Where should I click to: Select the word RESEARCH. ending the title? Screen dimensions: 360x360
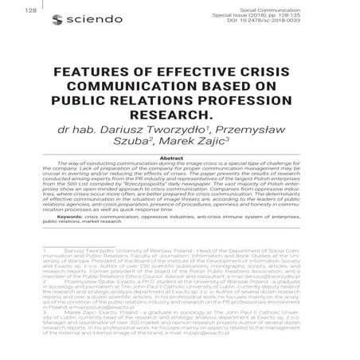[180, 118]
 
